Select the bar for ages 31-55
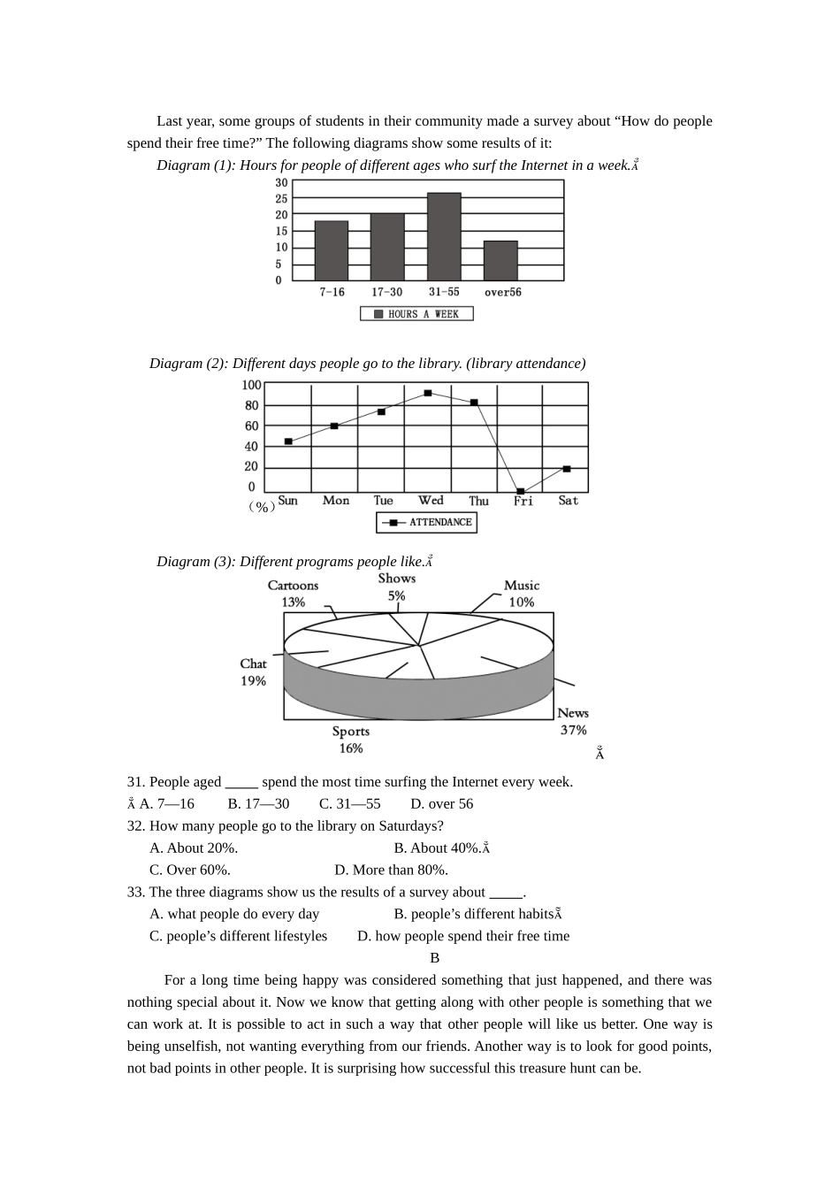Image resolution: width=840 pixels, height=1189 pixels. coord(444,236)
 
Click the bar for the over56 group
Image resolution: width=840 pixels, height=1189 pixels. coord(500,261)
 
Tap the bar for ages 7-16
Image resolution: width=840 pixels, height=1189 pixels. coord(332,250)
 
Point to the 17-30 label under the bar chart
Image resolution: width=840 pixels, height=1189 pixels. coord(387,292)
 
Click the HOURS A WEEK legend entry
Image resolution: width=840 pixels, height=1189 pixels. coord(416,314)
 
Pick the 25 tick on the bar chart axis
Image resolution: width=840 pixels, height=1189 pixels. coord(281,199)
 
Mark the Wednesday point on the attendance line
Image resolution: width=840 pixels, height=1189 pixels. coord(428,393)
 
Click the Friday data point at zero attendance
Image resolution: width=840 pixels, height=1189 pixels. coord(521,491)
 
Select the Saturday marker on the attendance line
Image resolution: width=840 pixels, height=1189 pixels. coord(567,469)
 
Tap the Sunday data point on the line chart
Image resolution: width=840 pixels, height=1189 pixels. coord(288,441)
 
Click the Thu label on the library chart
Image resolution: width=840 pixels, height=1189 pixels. coord(478,501)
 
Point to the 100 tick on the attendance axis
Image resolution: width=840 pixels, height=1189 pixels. coord(251,385)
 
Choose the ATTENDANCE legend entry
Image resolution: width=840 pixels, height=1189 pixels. coord(427,523)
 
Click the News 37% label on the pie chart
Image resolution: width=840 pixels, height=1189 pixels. coord(573,721)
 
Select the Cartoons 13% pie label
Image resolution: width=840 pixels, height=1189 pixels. coord(293,594)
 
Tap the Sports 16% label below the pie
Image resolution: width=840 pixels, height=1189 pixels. coord(351,740)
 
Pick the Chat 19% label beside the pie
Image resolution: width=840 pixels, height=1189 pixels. coord(253,671)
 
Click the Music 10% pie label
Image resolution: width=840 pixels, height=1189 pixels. coord(522,594)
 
